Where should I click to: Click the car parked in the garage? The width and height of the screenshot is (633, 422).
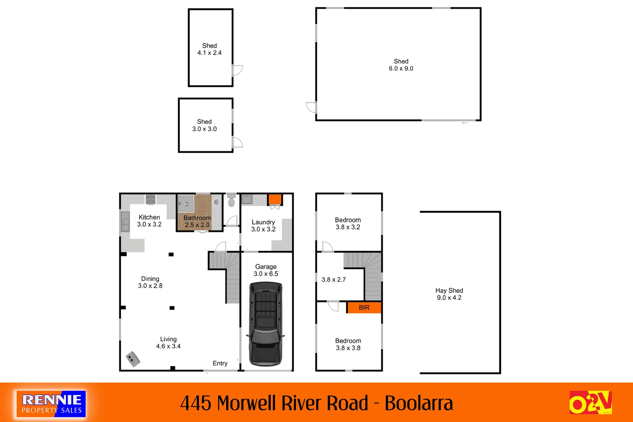click(x=266, y=324)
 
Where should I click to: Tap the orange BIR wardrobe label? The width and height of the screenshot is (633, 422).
click(x=364, y=308)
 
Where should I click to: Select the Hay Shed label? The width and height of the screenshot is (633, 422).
click(x=449, y=294)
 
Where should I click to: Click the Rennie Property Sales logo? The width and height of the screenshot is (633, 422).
click(x=51, y=404)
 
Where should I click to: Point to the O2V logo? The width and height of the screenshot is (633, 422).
click(x=590, y=402)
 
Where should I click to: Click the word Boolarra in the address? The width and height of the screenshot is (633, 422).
click(x=418, y=403)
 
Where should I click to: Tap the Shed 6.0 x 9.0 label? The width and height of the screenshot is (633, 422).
click(x=401, y=65)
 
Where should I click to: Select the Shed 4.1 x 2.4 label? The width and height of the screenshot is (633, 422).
click(x=209, y=49)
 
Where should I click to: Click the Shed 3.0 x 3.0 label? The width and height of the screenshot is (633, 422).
click(x=204, y=125)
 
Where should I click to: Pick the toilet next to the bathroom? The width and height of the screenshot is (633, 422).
click(x=231, y=200)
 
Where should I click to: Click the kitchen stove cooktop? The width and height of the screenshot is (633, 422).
click(x=150, y=199)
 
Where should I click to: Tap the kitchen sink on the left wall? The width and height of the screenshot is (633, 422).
click(x=125, y=222)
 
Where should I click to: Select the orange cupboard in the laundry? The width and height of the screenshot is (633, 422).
click(x=275, y=199)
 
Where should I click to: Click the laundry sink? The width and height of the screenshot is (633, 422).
click(x=247, y=199)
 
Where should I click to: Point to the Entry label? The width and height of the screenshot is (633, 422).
click(x=220, y=363)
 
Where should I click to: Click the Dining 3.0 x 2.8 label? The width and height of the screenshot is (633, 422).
click(x=150, y=282)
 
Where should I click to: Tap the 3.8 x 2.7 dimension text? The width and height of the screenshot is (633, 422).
click(x=334, y=280)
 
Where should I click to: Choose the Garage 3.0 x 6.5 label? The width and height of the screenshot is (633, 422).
click(x=266, y=270)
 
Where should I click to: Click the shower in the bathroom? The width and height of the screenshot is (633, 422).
click(x=186, y=204)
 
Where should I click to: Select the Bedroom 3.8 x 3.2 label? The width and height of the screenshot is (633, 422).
click(x=348, y=224)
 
